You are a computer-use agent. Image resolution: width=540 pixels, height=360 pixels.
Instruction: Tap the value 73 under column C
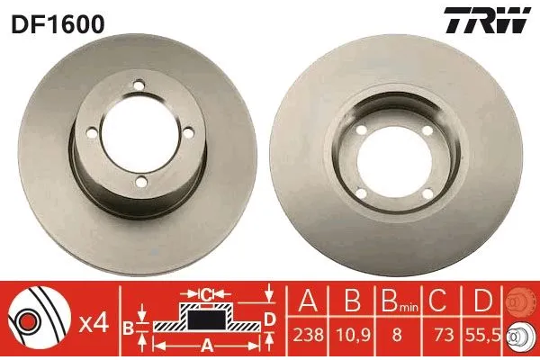[442, 335]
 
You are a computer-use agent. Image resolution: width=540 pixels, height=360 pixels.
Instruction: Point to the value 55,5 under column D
[484, 335]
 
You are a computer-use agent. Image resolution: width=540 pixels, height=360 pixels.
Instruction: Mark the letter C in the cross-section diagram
[207, 293]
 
